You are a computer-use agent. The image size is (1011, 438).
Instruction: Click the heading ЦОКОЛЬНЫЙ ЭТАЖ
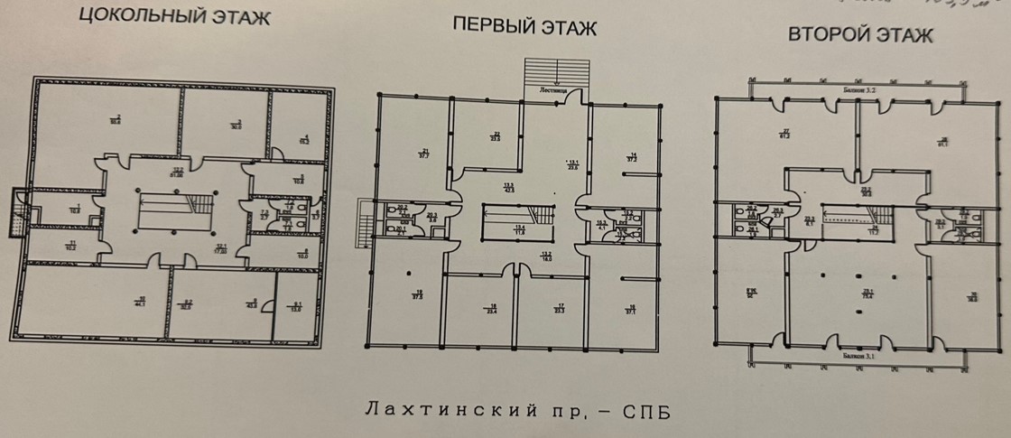pyautogui.click(x=174, y=18)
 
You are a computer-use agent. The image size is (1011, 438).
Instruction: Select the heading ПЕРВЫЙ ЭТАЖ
pyautogui.click(x=524, y=26)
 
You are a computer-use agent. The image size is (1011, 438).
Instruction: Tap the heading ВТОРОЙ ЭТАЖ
pyautogui.click(x=860, y=35)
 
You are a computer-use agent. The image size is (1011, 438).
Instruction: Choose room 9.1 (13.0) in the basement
pyautogui.click(x=297, y=308)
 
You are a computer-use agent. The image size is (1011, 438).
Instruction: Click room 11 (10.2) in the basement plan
pyautogui.click(x=70, y=244)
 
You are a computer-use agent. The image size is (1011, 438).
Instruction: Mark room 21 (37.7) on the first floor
pyautogui.click(x=423, y=153)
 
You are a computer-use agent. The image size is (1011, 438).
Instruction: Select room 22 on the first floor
pyautogui.click(x=496, y=137)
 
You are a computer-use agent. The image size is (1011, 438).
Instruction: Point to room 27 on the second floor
pyautogui.click(x=786, y=135)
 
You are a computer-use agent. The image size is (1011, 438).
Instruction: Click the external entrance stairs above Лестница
pyautogui.click(x=554, y=71)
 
